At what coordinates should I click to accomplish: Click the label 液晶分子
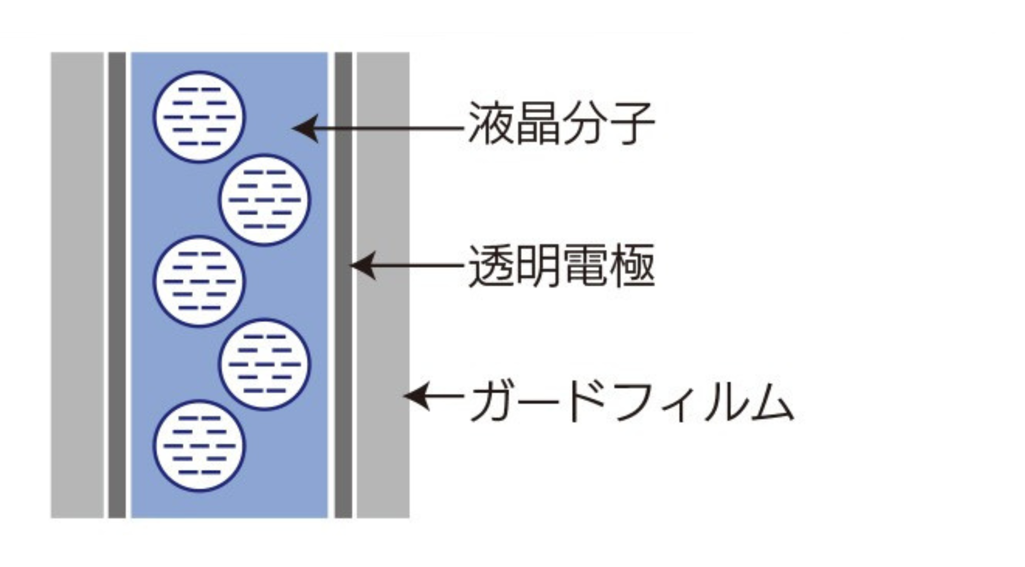tap(561, 123)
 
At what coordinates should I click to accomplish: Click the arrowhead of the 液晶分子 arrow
tap(303, 128)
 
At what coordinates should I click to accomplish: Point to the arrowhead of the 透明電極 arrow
tap(361, 266)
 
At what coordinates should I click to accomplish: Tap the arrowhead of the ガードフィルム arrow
tap(414, 395)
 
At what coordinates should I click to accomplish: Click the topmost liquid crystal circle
tap(199, 117)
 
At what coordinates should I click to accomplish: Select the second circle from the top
tap(264, 200)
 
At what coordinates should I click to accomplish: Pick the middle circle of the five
tap(199, 282)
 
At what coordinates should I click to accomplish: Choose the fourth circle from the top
tap(264, 364)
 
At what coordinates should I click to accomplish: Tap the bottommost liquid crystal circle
tap(199, 446)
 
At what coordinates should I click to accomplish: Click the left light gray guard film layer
tap(77, 284)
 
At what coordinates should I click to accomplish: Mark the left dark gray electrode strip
tap(117, 284)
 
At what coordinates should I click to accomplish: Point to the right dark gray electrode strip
tap(343, 284)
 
